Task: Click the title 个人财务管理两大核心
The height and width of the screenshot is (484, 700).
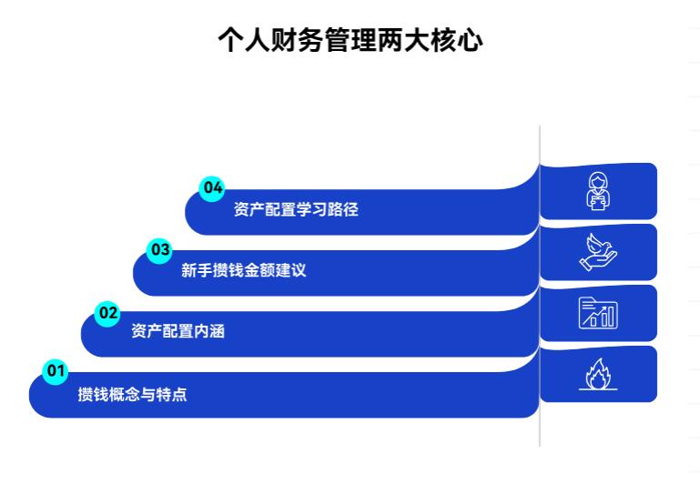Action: tap(350, 40)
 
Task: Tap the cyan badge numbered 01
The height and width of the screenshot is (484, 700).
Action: tap(56, 370)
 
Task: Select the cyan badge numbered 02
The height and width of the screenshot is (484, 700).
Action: tap(108, 313)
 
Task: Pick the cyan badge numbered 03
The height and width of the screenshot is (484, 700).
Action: tap(160, 248)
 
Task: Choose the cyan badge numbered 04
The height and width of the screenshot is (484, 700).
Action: tap(212, 187)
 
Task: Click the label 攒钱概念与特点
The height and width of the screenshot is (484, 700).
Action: tap(132, 395)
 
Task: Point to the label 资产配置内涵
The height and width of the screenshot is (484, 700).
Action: tap(178, 332)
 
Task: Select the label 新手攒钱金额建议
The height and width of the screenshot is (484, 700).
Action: tap(243, 270)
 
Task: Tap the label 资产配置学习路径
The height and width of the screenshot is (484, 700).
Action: tap(296, 210)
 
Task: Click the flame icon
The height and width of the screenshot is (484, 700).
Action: tap(598, 374)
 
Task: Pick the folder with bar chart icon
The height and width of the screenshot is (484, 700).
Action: tap(598, 313)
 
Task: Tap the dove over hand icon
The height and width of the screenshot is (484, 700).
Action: tap(598, 252)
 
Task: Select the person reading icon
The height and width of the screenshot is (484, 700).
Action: tap(598, 191)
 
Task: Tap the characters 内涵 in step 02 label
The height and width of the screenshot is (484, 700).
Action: tap(208, 332)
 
